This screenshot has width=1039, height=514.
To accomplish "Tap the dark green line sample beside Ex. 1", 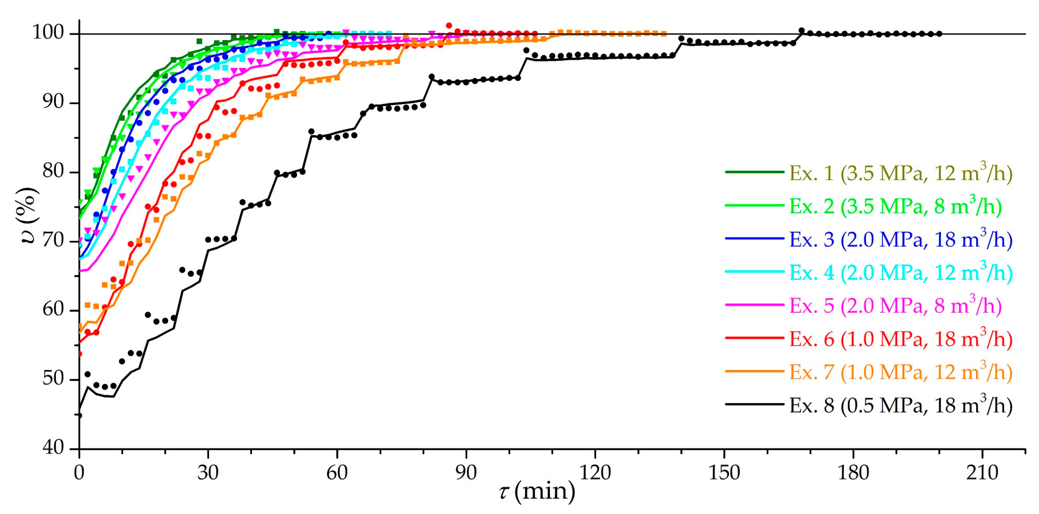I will coord(754,172).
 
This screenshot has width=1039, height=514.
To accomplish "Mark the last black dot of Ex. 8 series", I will coord(939,34).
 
